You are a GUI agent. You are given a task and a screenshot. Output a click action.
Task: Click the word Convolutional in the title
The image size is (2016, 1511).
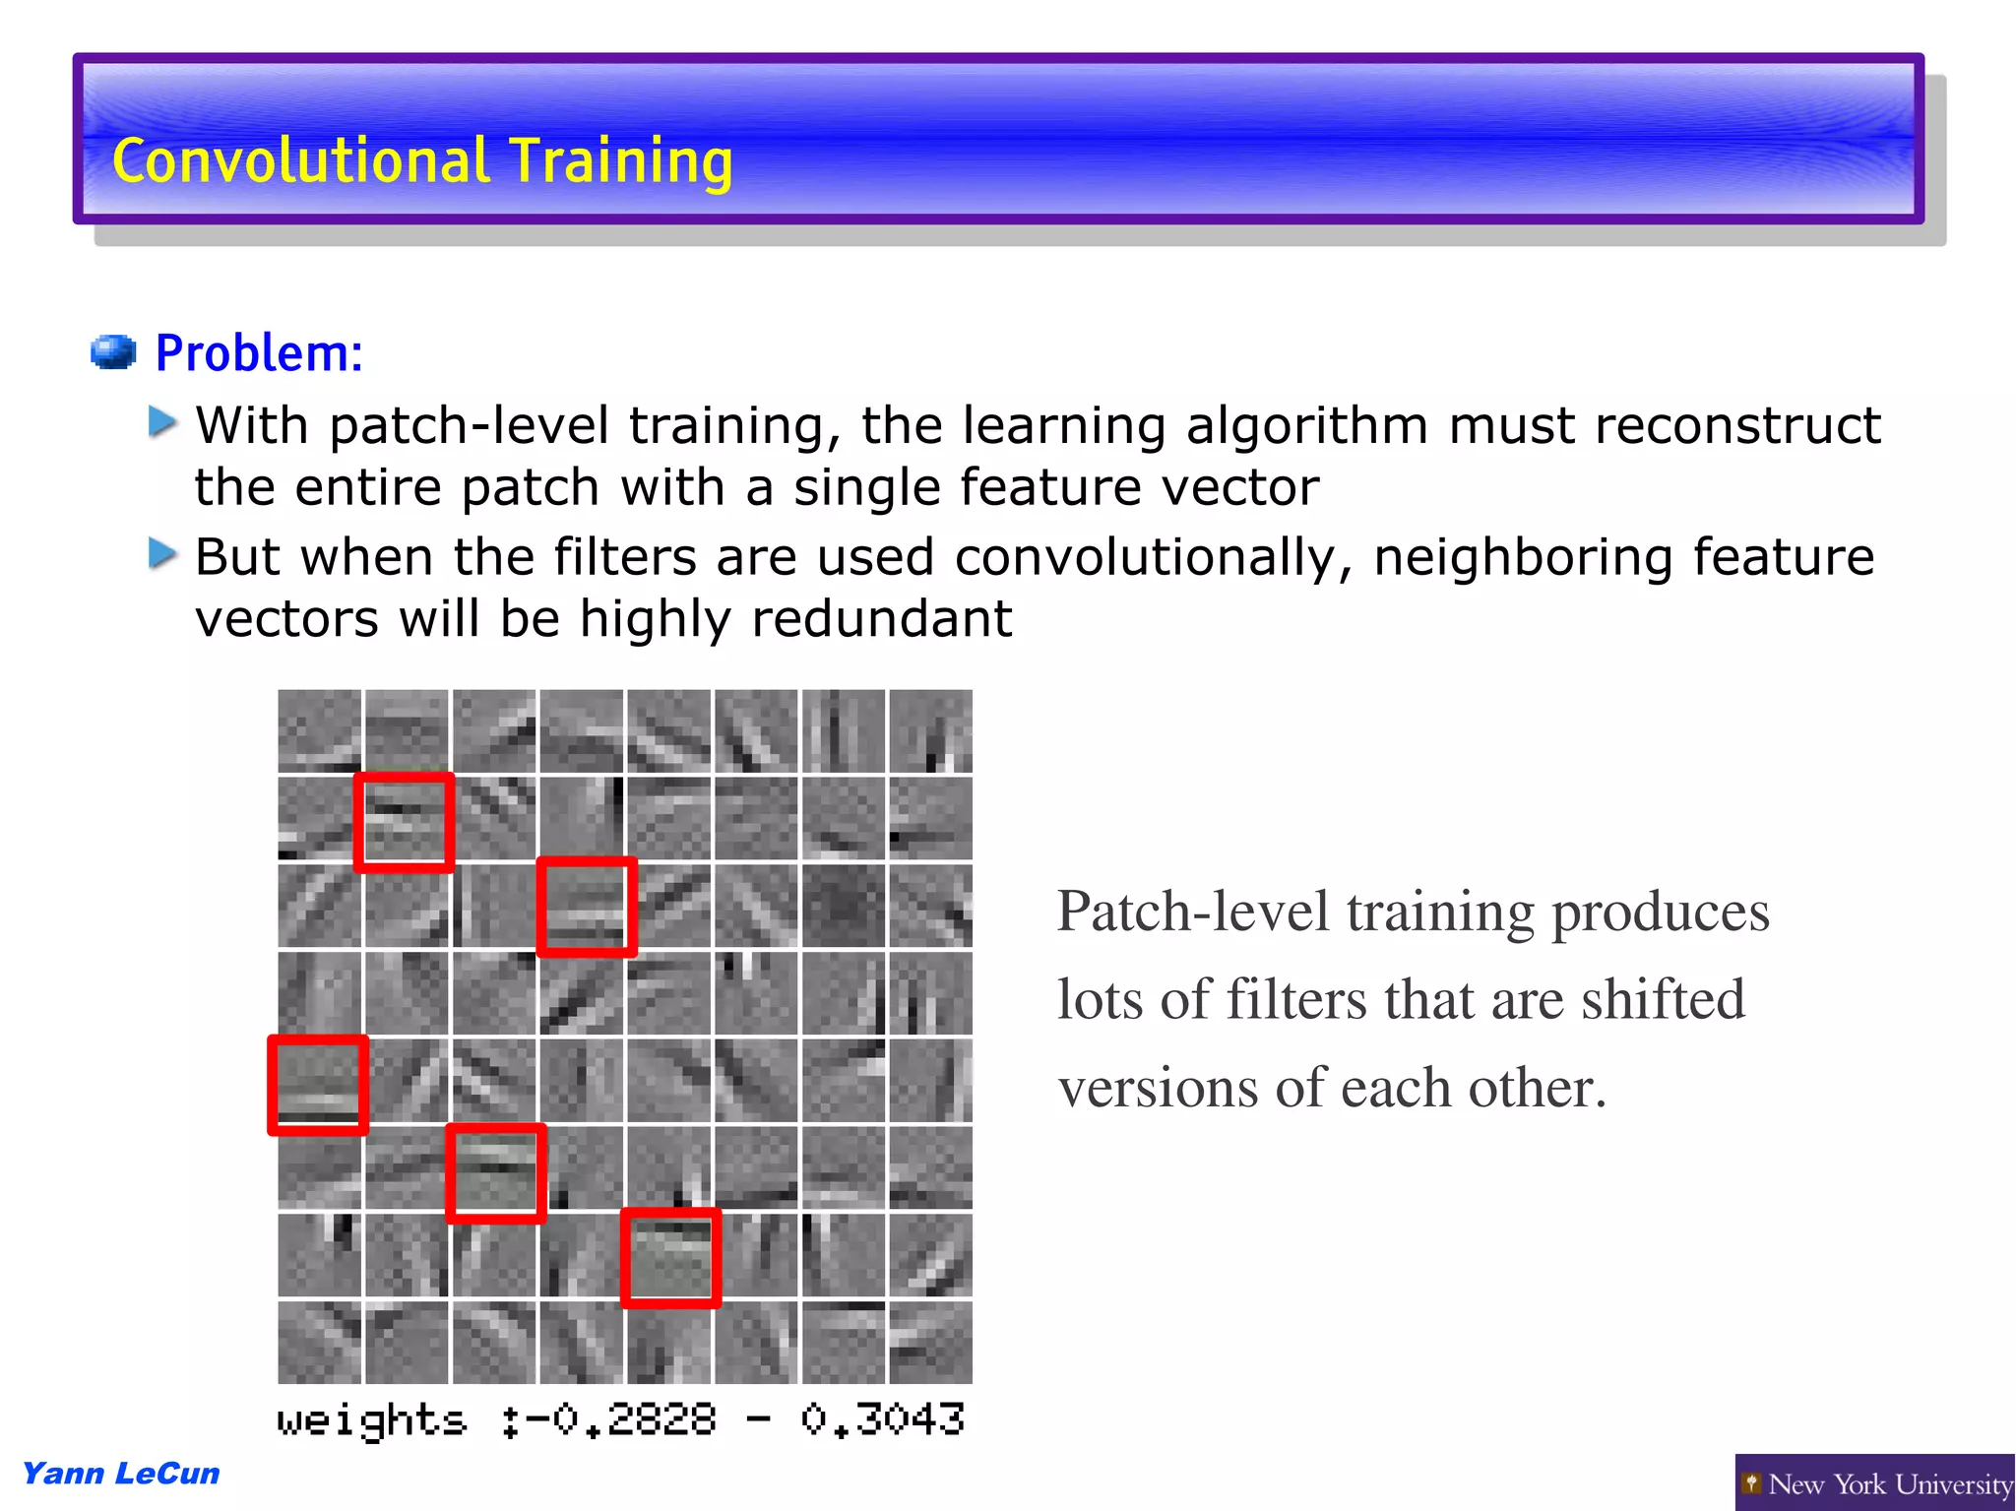pyautogui.click(x=299, y=160)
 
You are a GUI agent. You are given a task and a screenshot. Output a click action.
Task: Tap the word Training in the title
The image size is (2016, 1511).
pyautogui.click(x=620, y=162)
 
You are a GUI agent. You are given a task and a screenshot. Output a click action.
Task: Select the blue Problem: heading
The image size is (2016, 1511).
pyautogui.click(x=259, y=353)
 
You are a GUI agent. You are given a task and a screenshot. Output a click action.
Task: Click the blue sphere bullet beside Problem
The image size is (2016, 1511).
pyautogui.click(x=113, y=351)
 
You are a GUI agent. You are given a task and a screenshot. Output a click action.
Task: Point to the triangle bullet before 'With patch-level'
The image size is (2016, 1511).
pyautogui.click(x=162, y=422)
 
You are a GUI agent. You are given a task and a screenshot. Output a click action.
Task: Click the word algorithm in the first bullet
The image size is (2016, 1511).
pyautogui.click(x=1306, y=427)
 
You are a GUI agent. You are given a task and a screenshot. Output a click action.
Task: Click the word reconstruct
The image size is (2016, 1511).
pyautogui.click(x=1737, y=425)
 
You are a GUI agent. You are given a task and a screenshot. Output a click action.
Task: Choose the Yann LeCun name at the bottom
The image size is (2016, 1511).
pyautogui.click(x=121, y=1474)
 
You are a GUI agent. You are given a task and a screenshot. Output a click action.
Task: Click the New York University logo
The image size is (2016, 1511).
pyautogui.click(x=1874, y=1483)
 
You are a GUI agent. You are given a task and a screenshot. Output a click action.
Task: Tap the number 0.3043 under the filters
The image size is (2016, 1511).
pyautogui.click(x=882, y=1420)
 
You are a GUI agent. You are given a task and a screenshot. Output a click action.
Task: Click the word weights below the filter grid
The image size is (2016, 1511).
pyautogui.click(x=371, y=1420)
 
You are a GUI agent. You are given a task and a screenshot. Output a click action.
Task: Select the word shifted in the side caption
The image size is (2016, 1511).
pyautogui.click(x=1663, y=1000)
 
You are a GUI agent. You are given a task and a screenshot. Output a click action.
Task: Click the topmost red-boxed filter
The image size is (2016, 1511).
pyautogui.click(x=405, y=823)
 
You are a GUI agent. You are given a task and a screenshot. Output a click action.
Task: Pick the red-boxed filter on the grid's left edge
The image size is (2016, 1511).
pyautogui.click(x=318, y=1085)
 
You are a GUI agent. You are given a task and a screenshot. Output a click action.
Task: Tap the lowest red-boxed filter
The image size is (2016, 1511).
pyautogui.click(x=670, y=1258)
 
